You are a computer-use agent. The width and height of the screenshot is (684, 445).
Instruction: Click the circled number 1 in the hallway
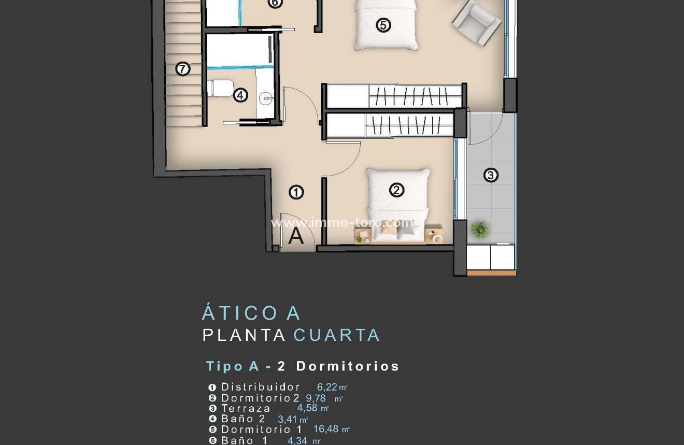296,193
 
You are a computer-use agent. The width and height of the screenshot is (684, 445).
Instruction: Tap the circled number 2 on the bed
396,191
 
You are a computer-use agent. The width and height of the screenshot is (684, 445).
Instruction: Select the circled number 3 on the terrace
490,175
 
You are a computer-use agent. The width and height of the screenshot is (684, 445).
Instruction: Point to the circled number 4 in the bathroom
240,95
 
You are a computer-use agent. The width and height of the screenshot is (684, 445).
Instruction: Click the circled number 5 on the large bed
383,25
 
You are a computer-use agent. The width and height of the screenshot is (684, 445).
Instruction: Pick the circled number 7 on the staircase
182,68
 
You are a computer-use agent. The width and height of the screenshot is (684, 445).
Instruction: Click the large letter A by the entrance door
296,236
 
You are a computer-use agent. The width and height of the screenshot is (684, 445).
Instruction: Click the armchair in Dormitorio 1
477,22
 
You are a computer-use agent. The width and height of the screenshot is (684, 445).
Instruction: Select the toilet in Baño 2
221,88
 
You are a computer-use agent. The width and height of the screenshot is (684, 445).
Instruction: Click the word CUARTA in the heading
337,335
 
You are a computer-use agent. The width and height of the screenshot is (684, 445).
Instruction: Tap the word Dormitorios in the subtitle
347,366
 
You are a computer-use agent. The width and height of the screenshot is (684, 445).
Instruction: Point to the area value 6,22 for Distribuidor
327,387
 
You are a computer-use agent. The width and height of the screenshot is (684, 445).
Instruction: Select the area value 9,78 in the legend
316,398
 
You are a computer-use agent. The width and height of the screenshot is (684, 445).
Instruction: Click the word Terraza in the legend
246,408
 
